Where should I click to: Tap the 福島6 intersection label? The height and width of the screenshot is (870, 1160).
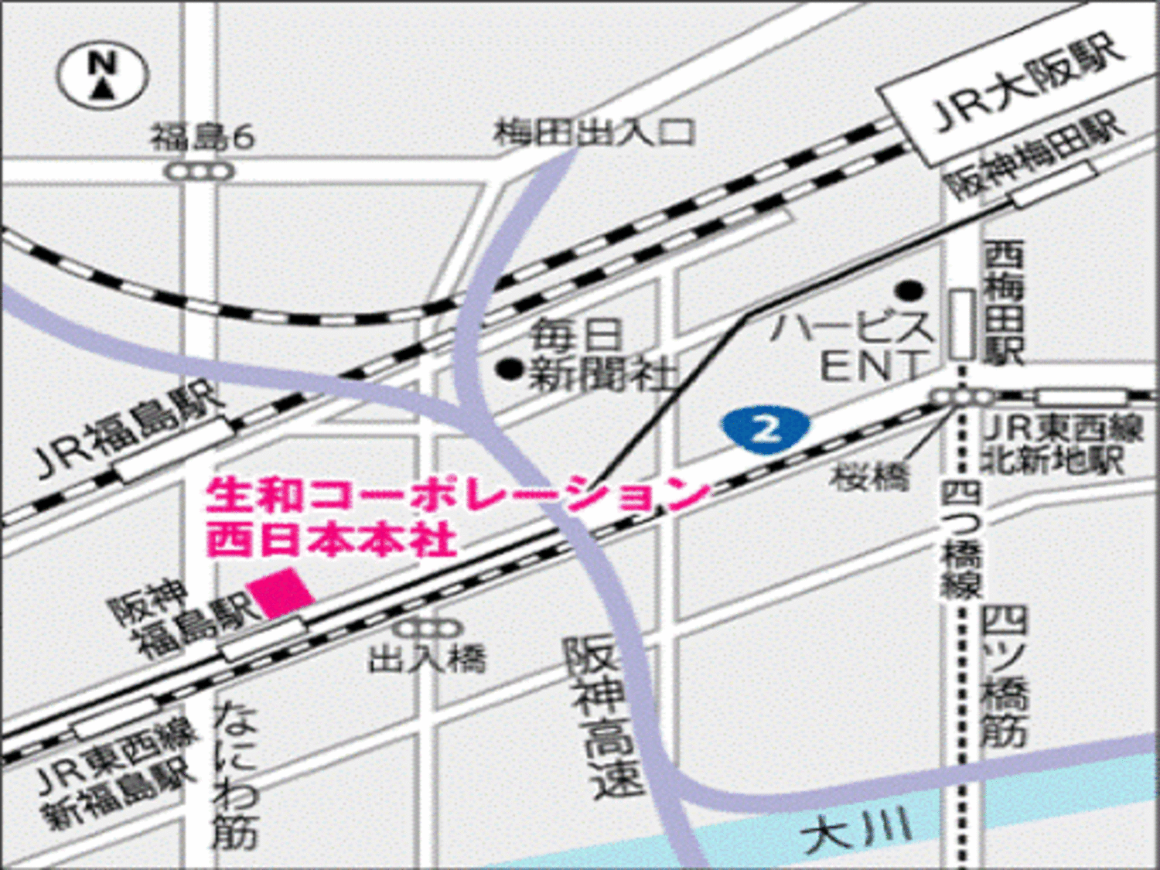click(x=202, y=138)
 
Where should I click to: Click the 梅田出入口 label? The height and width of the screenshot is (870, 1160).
click(x=594, y=133)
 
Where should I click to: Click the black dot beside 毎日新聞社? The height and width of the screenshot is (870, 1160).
click(x=510, y=369)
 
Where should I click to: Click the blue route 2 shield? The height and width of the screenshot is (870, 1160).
click(x=766, y=428)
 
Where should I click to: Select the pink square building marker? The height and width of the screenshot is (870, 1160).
click(x=281, y=592)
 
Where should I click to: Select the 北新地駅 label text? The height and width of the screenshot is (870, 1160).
click(x=1053, y=462)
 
